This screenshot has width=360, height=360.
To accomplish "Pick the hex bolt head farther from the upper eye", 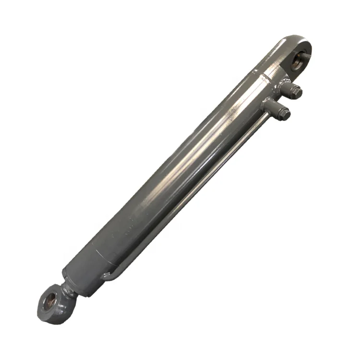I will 284,113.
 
